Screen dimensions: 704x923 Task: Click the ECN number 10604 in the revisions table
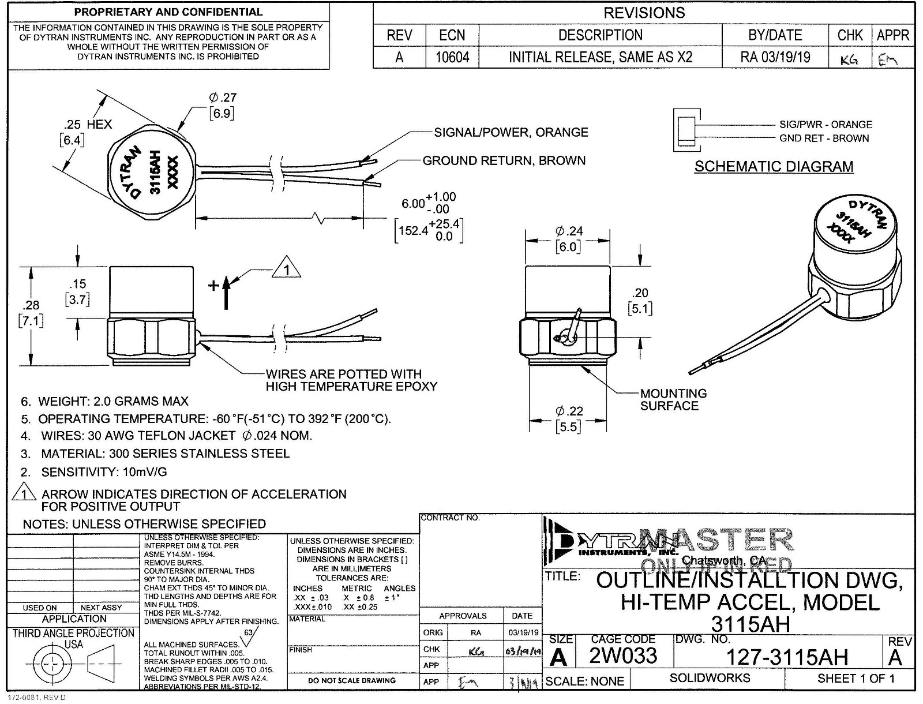(x=452, y=57)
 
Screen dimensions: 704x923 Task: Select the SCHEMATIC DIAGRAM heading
(x=774, y=167)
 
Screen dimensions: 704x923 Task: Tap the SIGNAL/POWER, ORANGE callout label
(x=511, y=132)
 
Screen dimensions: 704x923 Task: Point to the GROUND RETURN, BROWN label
(x=504, y=160)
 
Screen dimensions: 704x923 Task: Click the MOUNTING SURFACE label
(x=673, y=399)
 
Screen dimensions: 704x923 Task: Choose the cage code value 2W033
(x=623, y=656)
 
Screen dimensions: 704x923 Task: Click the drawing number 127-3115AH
(x=787, y=657)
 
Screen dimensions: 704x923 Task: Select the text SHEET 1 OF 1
(x=856, y=679)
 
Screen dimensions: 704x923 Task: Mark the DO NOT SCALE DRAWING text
(x=352, y=680)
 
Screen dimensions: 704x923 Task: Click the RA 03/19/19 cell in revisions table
(x=775, y=57)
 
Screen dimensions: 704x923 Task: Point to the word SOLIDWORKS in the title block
(x=710, y=678)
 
